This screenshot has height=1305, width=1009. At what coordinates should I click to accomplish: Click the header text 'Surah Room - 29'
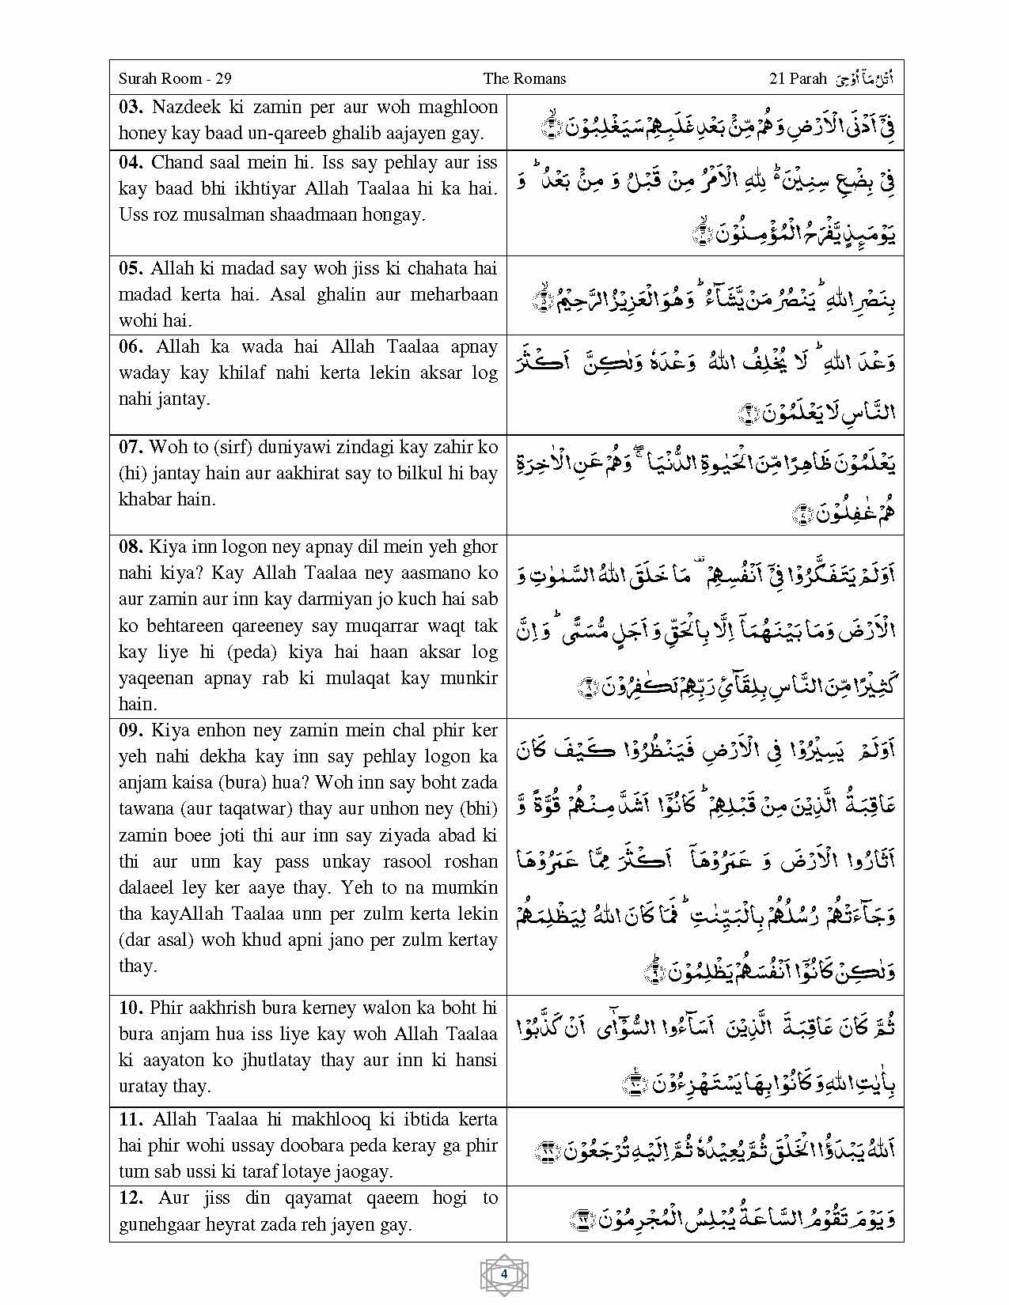click(174, 78)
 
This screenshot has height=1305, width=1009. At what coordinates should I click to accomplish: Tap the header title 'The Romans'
click(524, 78)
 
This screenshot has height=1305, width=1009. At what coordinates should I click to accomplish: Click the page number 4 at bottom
click(504, 1274)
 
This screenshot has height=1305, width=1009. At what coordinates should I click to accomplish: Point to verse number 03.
click(131, 108)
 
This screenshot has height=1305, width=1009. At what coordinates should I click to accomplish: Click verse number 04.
click(131, 163)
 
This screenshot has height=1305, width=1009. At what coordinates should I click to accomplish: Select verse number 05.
click(131, 268)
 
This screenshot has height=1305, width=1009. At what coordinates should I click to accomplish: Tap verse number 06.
click(131, 346)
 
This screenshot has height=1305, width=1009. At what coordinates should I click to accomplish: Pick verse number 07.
click(131, 447)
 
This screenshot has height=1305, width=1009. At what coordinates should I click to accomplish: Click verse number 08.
click(131, 547)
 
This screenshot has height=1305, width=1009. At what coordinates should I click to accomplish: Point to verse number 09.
click(131, 730)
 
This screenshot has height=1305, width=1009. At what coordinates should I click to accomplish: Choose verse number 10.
click(131, 1008)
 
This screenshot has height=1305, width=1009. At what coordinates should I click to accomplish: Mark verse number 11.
click(131, 1119)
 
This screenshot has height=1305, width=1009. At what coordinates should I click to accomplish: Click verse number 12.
click(131, 1197)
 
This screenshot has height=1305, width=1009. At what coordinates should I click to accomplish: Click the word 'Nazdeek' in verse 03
click(185, 108)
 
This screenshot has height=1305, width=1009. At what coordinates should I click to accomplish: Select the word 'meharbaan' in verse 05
click(453, 294)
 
